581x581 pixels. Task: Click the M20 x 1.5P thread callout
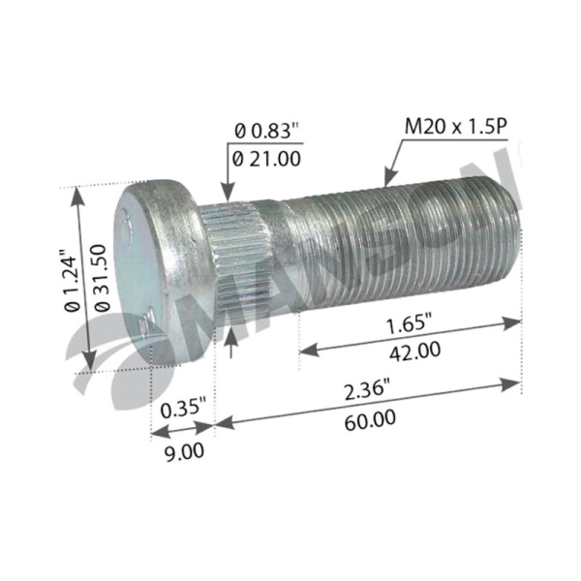455,127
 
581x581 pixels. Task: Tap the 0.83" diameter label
266,131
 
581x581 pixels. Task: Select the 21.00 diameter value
266,159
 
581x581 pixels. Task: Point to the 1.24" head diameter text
72,282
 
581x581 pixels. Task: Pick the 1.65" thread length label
410,324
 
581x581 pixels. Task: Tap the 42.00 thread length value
414,351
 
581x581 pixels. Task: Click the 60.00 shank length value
370,420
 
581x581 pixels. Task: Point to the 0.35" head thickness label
183,409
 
